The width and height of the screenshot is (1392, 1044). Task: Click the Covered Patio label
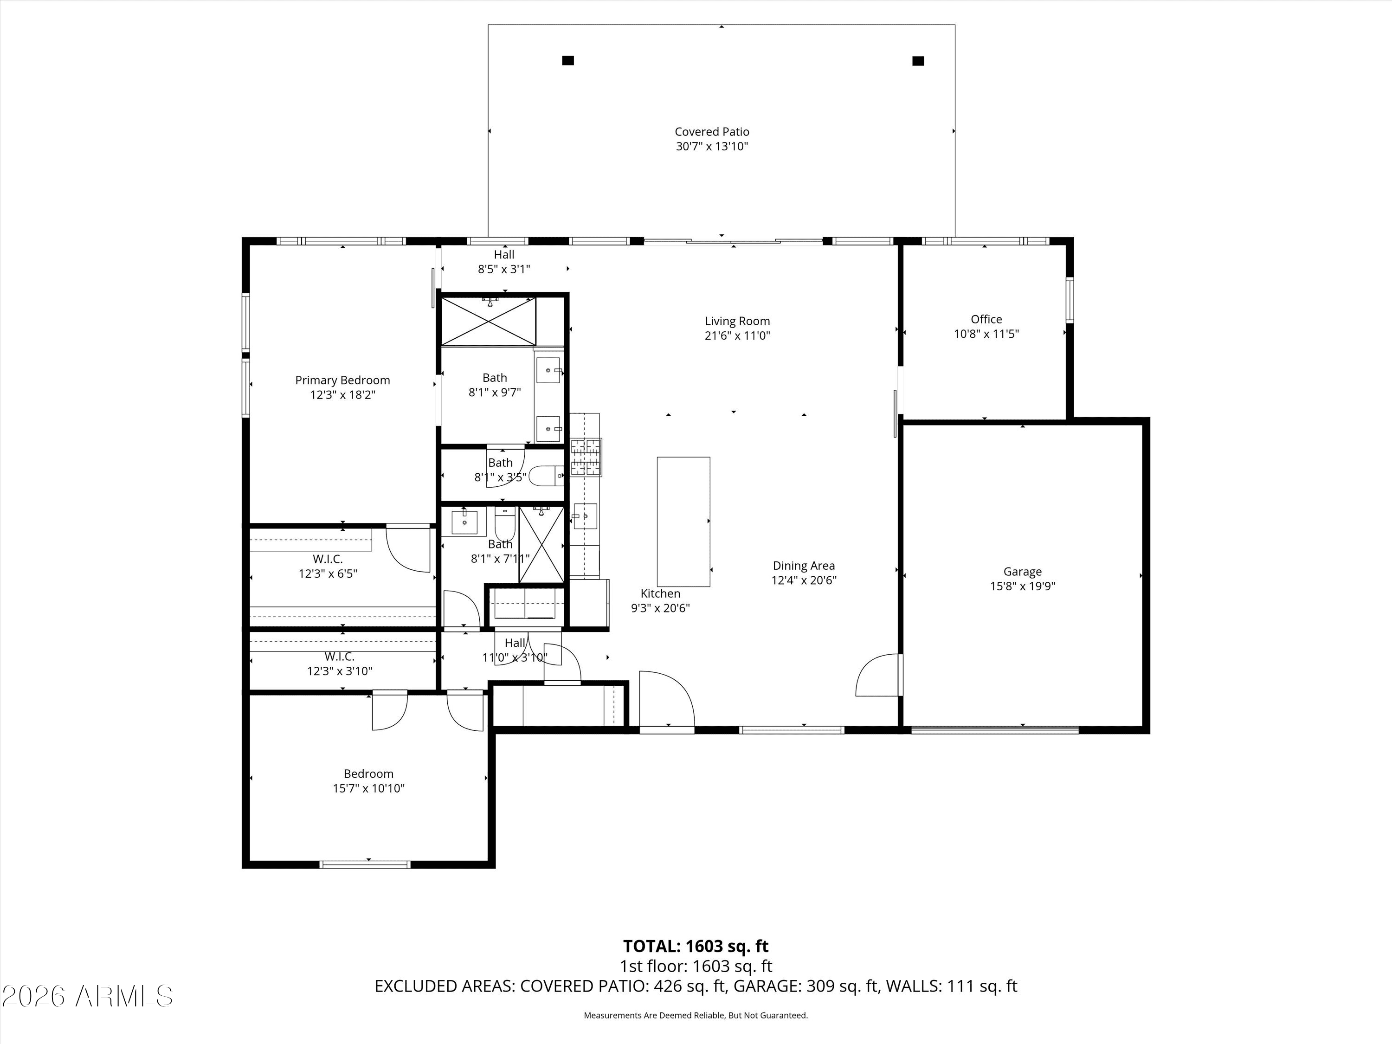pos(712,131)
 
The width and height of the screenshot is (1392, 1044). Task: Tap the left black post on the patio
pos(567,60)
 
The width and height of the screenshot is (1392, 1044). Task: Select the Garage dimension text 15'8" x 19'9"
pos(1022,586)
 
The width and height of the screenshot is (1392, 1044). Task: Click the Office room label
pos(986,319)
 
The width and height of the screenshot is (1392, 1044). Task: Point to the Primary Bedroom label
pos(342,380)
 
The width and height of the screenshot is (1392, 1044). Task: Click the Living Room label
pos(737,321)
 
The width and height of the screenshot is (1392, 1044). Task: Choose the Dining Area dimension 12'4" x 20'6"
pos(804,580)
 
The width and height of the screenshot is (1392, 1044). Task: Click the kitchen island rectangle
pos(683,522)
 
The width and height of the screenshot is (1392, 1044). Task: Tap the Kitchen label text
pos(660,593)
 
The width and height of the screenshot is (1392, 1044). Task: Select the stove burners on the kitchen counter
pos(586,457)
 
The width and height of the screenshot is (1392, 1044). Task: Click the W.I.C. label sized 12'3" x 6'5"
pos(328,559)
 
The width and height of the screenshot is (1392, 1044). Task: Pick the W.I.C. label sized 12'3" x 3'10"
pos(339,657)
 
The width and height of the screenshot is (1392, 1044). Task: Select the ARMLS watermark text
pos(88,996)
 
